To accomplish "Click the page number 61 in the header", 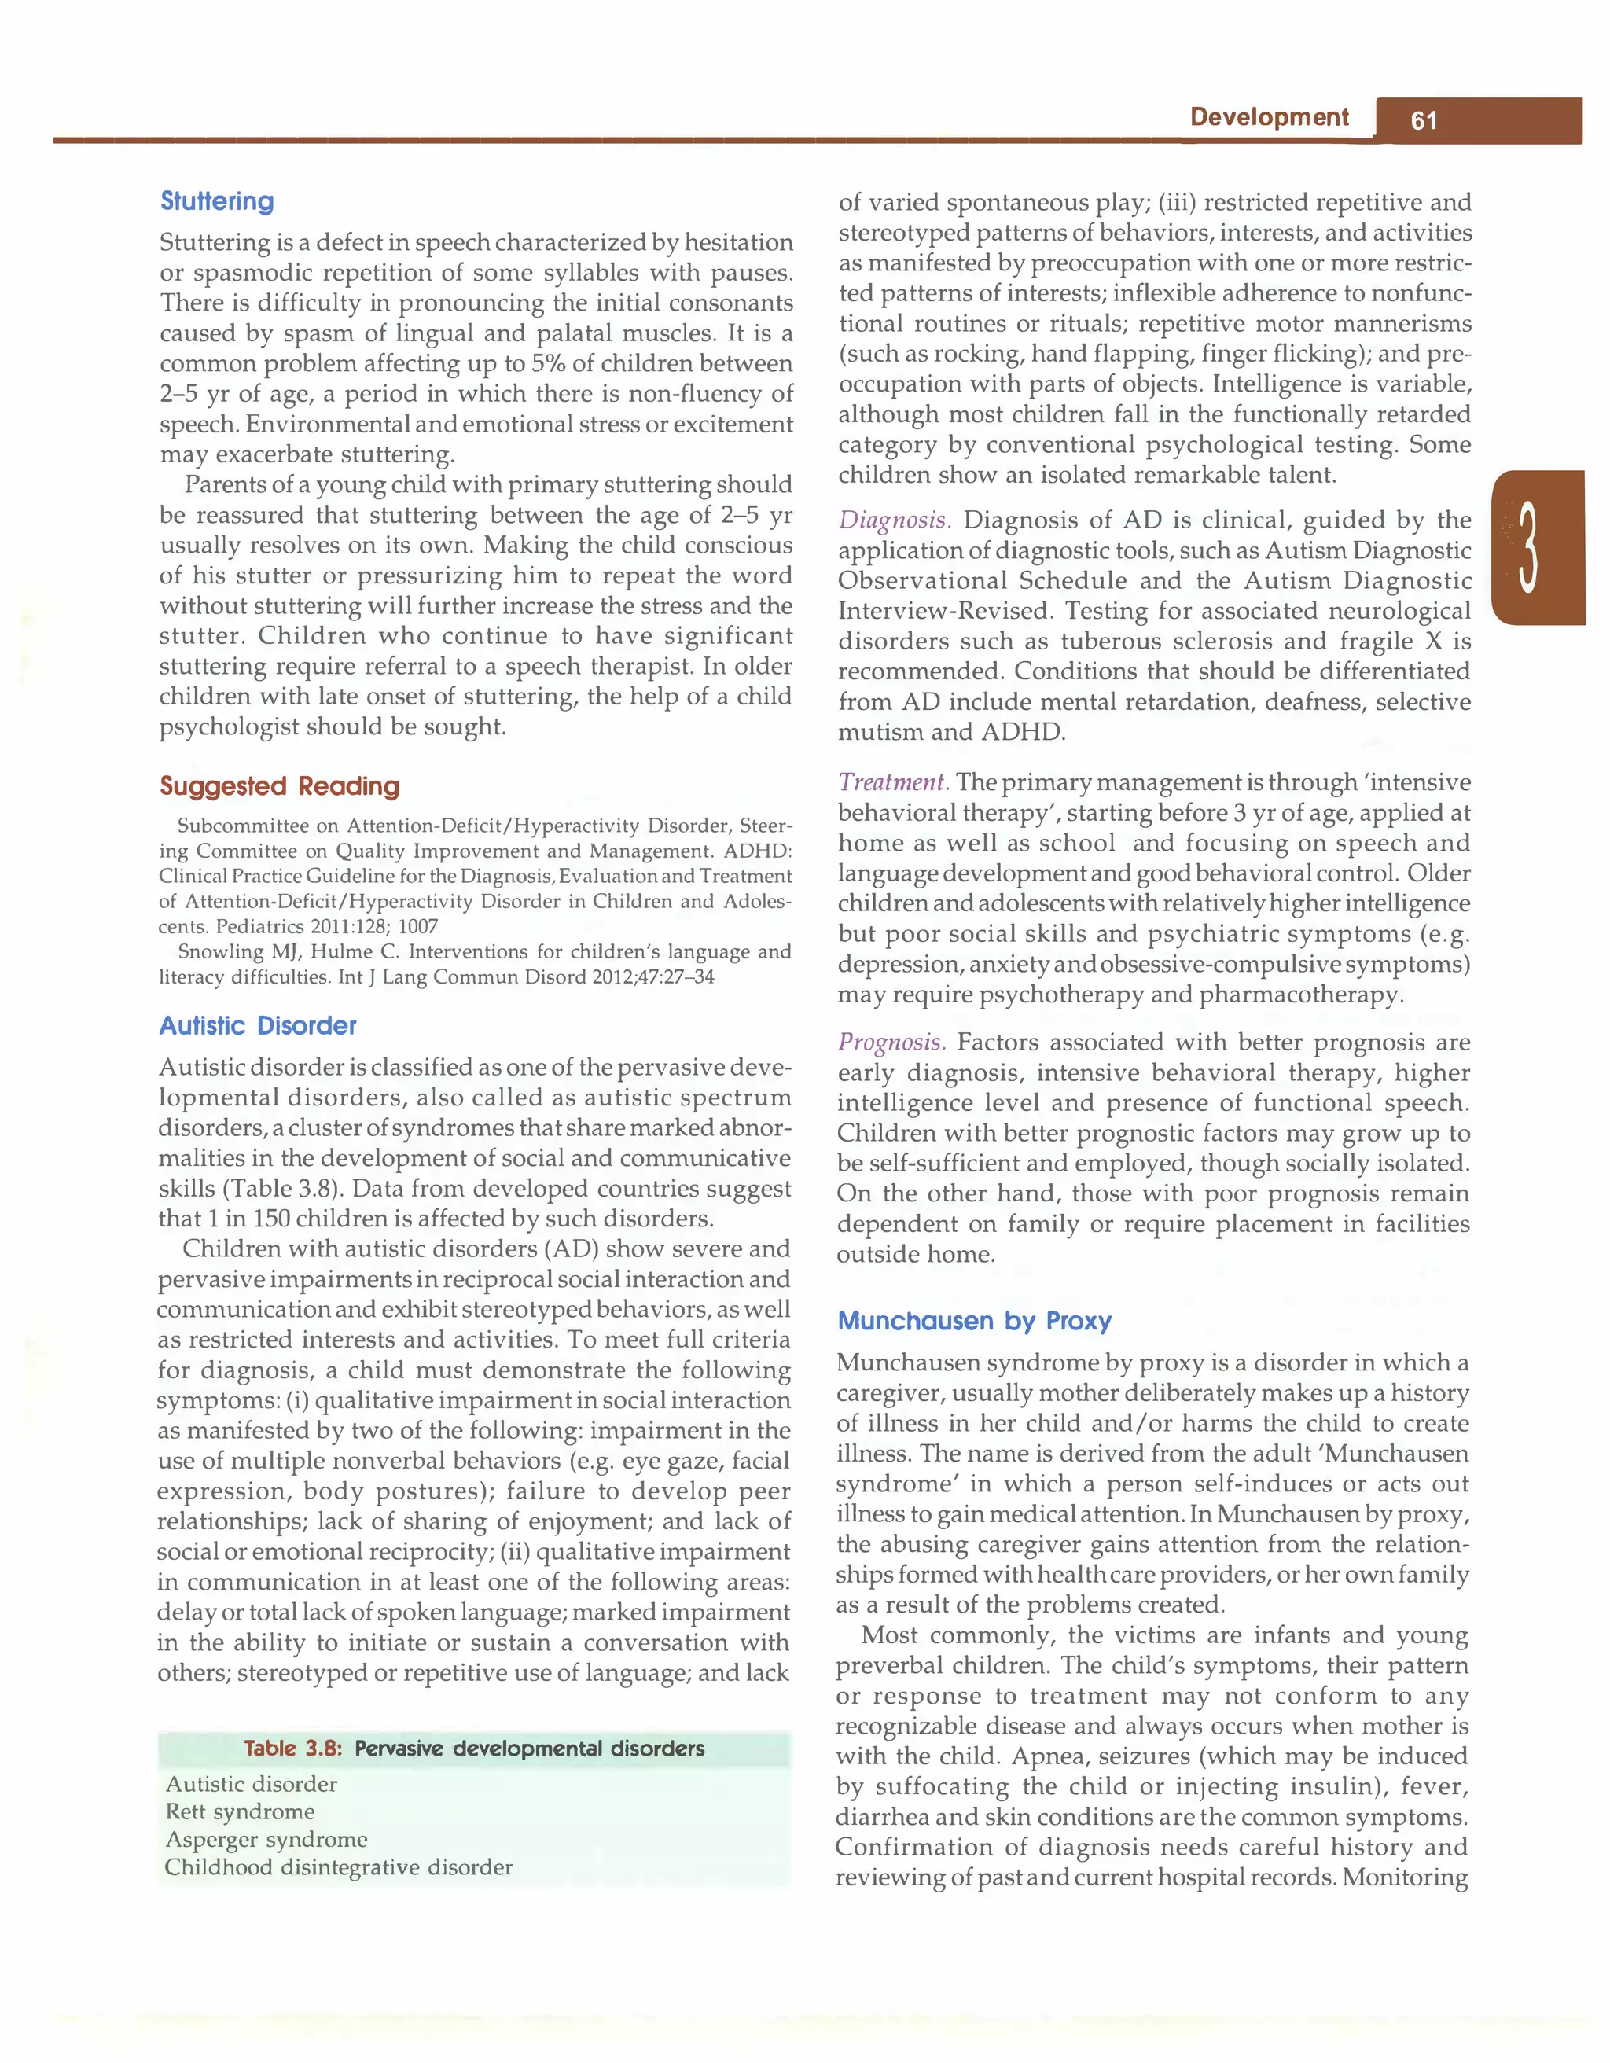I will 1423,121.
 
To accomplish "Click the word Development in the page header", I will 1268,117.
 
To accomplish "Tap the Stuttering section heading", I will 217,201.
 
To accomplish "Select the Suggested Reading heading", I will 280,786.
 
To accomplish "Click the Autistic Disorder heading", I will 258,1026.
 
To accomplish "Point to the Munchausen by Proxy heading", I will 975,1321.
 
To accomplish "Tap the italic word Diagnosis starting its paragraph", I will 893,520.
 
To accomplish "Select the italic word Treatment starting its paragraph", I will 892,782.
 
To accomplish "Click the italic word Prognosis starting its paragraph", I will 891,1042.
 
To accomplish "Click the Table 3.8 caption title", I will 474,1749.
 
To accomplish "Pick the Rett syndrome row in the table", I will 240,1811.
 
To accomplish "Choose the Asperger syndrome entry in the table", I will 266,1839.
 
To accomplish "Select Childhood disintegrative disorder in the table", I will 338,1867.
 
